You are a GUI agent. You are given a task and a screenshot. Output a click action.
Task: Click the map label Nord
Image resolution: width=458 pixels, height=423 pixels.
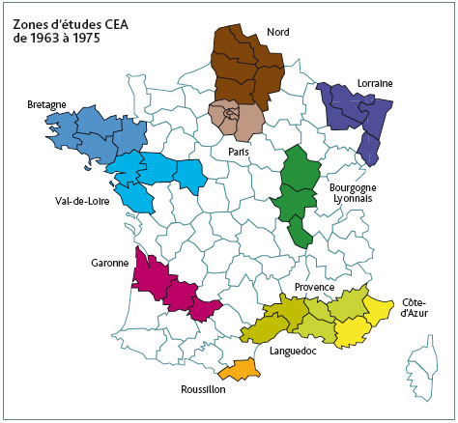(279, 32)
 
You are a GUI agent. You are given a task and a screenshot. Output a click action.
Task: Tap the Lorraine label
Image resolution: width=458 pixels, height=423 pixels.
(374, 83)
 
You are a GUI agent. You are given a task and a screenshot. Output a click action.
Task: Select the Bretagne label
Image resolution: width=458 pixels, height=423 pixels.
(46, 103)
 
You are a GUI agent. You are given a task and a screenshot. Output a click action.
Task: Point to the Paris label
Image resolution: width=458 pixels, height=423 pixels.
(238, 152)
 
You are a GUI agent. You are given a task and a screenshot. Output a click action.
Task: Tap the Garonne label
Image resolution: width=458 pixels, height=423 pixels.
(108, 261)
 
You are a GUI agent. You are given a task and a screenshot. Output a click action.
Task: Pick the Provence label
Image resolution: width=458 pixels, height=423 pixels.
(314, 287)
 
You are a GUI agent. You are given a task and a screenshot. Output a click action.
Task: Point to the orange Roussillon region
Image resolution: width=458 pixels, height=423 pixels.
(237, 368)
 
